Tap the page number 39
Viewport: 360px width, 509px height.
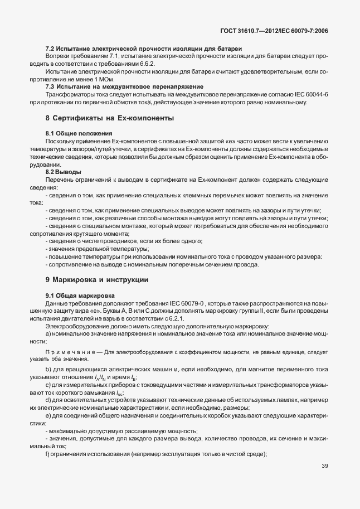coord(324,466)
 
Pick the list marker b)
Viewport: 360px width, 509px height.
coord(48,370)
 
